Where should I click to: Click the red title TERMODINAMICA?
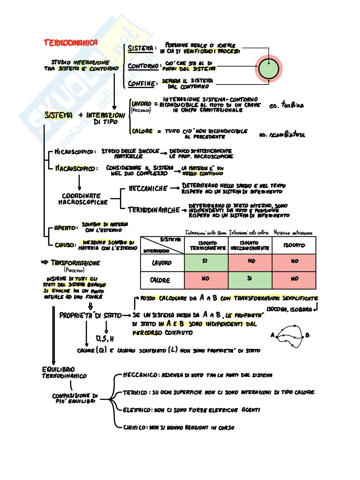click(x=71, y=43)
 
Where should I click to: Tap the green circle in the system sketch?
click(x=268, y=69)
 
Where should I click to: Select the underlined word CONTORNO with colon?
click(x=144, y=66)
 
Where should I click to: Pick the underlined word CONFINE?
click(x=141, y=84)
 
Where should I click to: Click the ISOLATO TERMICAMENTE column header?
click(x=207, y=245)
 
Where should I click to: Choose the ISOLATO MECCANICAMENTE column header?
click(x=250, y=245)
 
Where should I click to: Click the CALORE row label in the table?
click(x=160, y=280)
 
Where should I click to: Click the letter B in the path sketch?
click(x=307, y=335)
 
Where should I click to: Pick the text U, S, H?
click(x=105, y=339)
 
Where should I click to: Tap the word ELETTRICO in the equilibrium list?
click(x=137, y=410)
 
